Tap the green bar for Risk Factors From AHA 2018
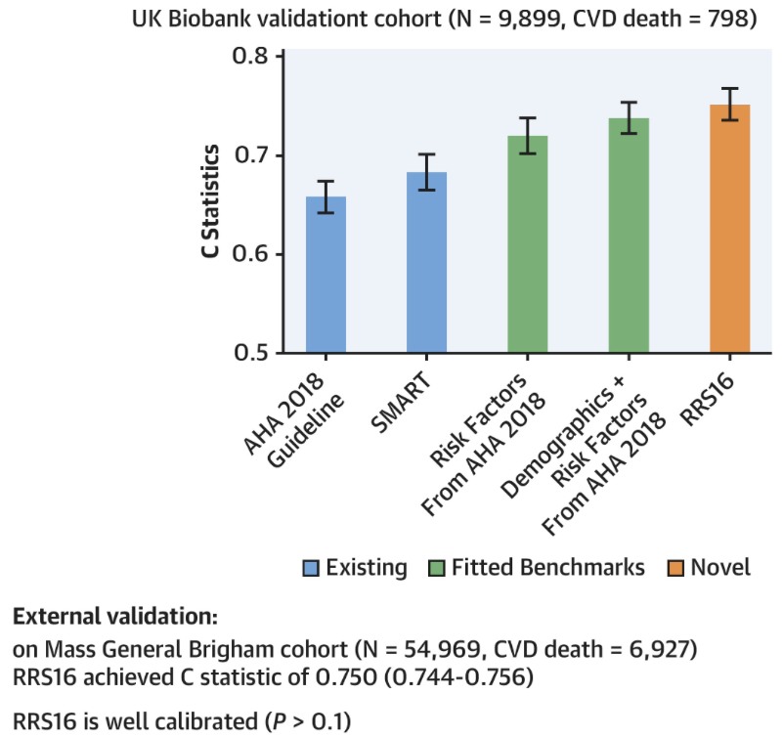(x=527, y=244)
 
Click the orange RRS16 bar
(x=729, y=229)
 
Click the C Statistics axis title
(x=209, y=203)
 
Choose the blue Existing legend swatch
(x=310, y=567)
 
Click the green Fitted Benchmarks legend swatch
(x=437, y=567)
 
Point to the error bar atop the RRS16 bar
(x=729, y=104)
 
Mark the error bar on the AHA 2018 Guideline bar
(x=326, y=196)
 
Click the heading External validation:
(x=113, y=618)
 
